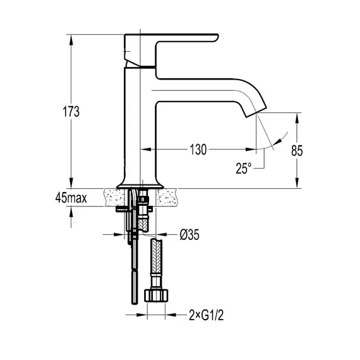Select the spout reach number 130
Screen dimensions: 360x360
point(197,150)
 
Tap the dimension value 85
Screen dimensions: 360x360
point(298,151)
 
